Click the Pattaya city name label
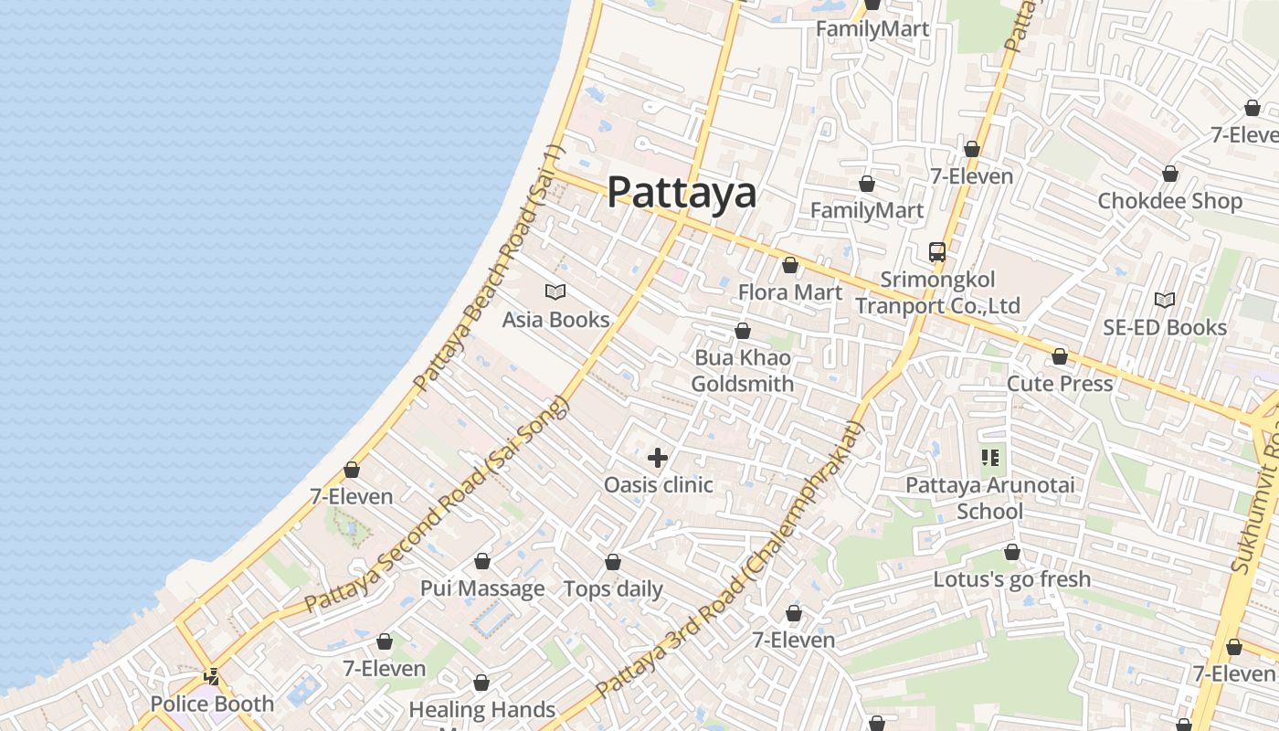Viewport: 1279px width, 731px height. [x=682, y=192]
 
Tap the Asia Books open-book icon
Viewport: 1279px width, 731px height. [x=555, y=292]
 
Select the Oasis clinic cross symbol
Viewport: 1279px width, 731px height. [x=658, y=457]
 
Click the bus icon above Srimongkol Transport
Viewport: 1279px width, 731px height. [x=937, y=251]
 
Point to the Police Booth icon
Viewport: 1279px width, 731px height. [x=212, y=677]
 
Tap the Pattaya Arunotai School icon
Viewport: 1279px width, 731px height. [x=990, y=457]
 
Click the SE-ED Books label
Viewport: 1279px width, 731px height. [x=1165, y=327]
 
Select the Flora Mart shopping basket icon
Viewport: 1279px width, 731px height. [x=790, y=266]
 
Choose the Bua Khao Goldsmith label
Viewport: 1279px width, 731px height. [x=742, y=370]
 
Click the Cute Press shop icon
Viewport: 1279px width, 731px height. [x=1060, y=356]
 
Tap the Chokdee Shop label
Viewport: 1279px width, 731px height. [x=1170, y=201]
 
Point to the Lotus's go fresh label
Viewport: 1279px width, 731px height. [x=1011, y=578]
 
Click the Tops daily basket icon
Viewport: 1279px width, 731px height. [x=613, y=562]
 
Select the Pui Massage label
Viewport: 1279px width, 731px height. [x=482, y=588]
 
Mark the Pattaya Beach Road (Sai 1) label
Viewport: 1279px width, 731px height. [x=491, y=270]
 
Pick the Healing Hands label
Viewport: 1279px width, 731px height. [x=481, y=709]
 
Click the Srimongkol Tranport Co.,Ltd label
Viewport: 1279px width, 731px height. [x=937, y=292]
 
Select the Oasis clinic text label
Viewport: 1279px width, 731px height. [x=658, y=484]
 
